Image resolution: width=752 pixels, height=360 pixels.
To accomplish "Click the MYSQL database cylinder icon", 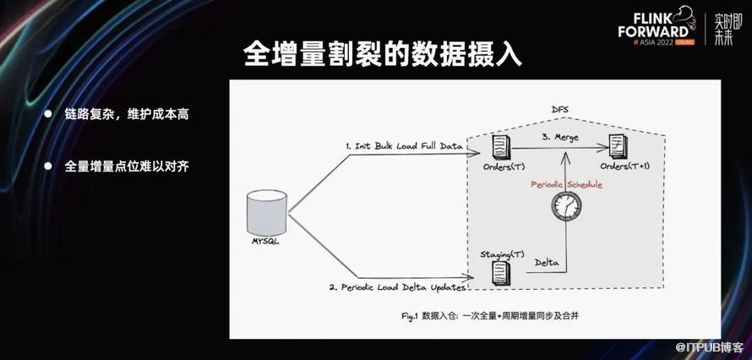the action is click(267, 212).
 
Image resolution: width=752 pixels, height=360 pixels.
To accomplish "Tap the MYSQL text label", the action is click(265, 242).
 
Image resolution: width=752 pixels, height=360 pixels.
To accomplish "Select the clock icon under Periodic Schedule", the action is click(566, 206).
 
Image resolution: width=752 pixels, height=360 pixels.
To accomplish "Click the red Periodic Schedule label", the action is click(566, 184).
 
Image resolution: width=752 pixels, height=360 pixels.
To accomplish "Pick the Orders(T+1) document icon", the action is click(618, 145).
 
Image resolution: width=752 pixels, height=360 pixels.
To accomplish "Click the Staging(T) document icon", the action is click(500, 274).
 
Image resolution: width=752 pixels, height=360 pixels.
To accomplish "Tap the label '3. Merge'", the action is click(560, 138).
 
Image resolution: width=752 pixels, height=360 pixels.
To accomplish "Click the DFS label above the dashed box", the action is click(559, 110).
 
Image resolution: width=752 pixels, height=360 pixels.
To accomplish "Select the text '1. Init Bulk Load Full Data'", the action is click(404, 146).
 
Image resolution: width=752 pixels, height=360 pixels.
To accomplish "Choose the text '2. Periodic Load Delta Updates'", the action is click(397, 287).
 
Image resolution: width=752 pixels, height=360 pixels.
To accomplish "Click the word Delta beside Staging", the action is click(546, 262).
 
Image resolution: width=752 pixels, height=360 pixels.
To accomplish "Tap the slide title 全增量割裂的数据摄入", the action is click(382, 54).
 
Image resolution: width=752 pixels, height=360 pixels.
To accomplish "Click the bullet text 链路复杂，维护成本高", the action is click(127, 115).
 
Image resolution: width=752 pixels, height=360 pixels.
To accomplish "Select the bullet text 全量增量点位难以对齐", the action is click(127, 166).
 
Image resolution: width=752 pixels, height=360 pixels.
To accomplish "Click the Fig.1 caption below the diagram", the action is click(491, 316).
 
